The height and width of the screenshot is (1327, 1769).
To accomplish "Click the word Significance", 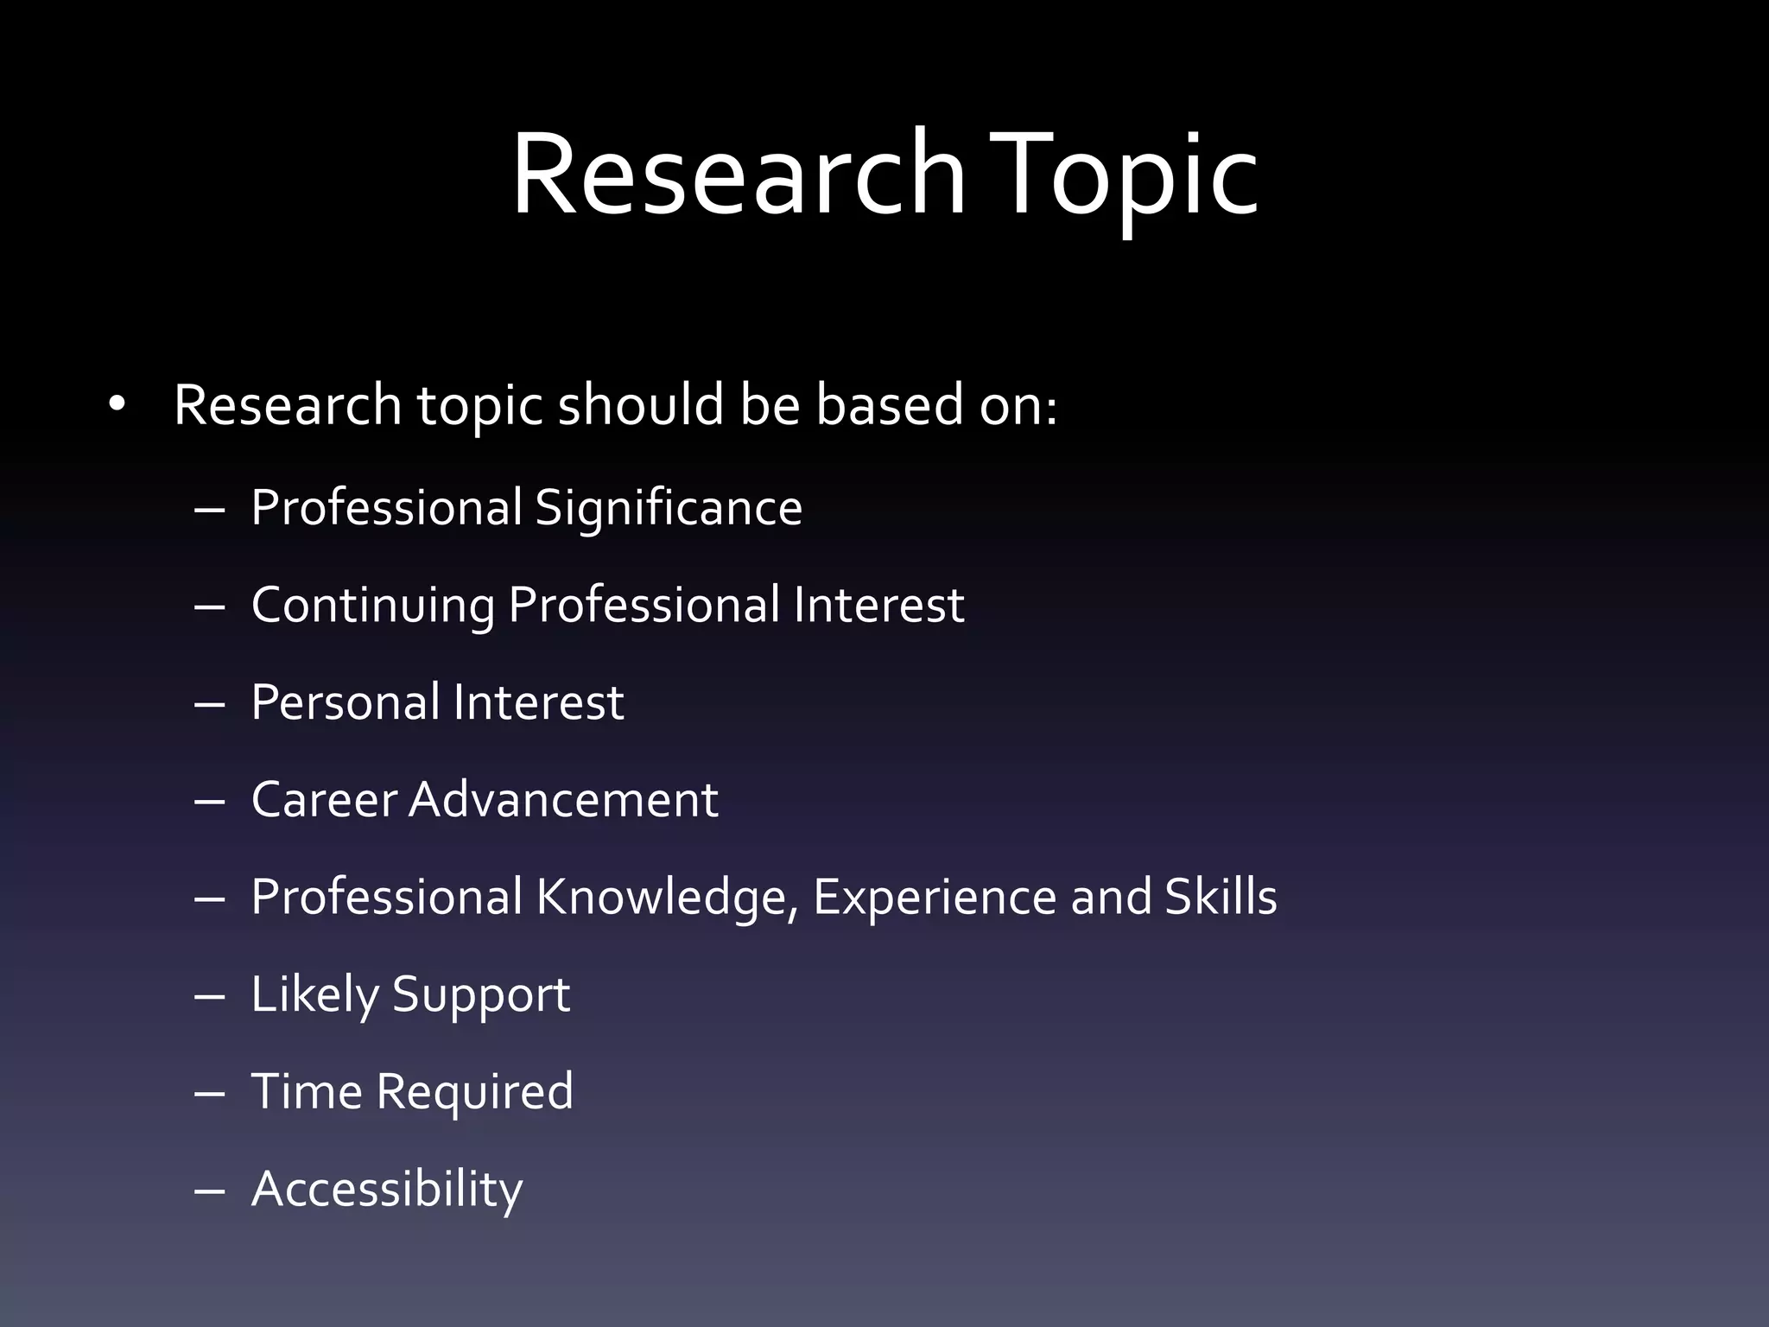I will click(x=669, y=508).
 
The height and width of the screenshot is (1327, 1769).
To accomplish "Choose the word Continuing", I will click(x=372, y=605).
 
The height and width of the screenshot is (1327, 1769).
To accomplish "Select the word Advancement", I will click(x=563, y=799).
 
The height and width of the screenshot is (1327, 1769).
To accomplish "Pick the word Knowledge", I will click(x=667, y=897).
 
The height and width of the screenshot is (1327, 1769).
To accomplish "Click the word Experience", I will click(x=935, y=897).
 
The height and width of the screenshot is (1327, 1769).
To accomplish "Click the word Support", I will click(x=481, y=995).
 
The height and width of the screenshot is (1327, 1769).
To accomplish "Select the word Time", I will click(x=307, y=1091).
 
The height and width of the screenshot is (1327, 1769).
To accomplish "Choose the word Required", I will click(x=474, y=1093).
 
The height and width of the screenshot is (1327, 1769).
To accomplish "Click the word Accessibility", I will click(x=387, y=1190).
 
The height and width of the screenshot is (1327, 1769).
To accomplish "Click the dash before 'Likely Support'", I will click(x=210, y=996).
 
